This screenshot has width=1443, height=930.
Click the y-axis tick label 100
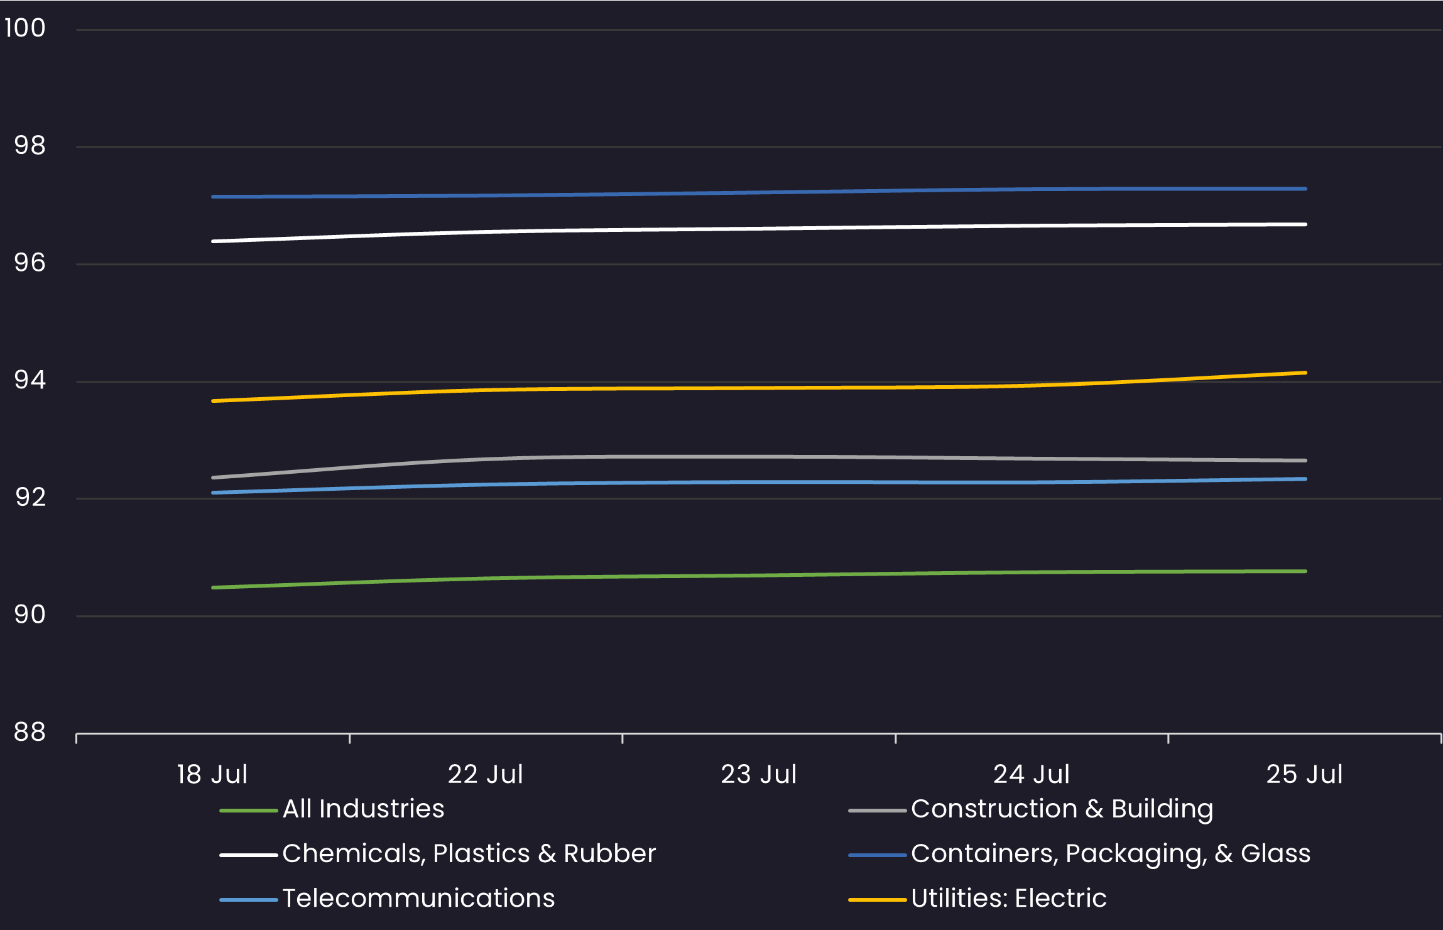click(25, 28)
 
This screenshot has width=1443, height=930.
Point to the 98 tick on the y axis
click(30, 146)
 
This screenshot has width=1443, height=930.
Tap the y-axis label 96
click(30, 263)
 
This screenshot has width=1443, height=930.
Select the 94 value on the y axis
click(30, 380)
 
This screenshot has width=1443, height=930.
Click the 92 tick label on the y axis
click(30, 498)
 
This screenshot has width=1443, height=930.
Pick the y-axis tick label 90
click(30, 615)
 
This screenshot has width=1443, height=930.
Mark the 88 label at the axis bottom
click(30, 732)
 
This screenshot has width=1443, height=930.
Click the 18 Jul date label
click(212, 774)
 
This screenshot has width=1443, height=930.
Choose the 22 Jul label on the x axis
click(485, 774)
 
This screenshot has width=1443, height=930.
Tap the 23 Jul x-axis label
click(758, 774)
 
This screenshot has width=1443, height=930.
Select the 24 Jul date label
click(1031, 774)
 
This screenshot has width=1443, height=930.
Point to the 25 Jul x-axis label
click(1304, 774)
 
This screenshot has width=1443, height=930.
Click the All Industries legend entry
click(363, 809)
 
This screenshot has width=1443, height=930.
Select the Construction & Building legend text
click(1062, 809)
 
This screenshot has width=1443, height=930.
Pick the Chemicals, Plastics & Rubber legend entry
click(469, 853)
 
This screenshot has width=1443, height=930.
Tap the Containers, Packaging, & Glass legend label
click(1110, 853)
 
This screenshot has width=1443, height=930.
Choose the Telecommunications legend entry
click(418, 899)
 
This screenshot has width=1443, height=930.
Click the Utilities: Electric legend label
click(1008, 899)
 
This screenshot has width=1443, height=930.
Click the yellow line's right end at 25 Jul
click(1305, 373)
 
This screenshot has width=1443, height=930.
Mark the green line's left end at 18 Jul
click(214, 588)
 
